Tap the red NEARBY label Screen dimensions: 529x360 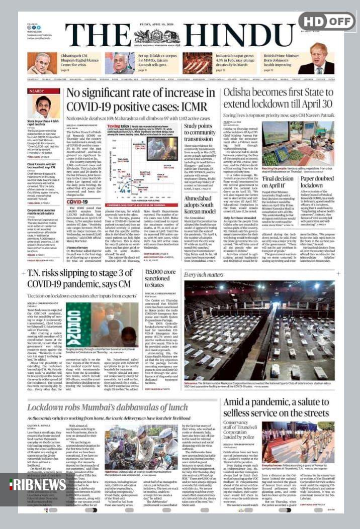37,91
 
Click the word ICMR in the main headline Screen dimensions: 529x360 191,107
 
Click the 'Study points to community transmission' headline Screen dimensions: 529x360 199,133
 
